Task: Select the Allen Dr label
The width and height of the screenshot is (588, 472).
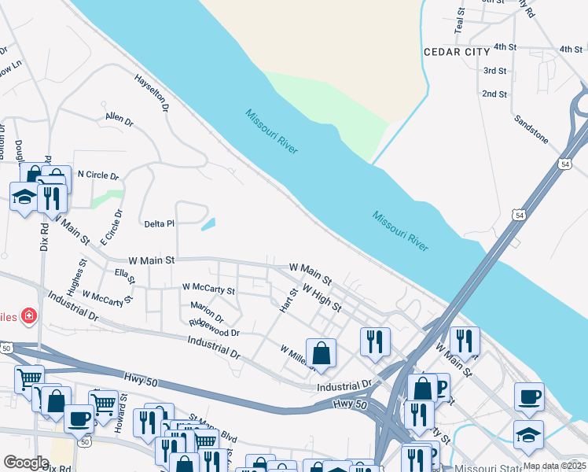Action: click(x=119, y=120)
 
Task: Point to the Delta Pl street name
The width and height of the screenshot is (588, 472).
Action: click(x=159, y=224)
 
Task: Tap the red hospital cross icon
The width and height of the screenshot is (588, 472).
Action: click(x=29, y=316)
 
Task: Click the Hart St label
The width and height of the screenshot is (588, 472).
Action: click(x=288, y=300)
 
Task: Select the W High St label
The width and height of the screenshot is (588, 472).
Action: click(x=321, y=298)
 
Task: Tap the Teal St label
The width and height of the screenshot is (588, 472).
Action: click(x=460, y=21)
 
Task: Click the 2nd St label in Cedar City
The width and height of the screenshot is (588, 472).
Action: click(x=494, y=94)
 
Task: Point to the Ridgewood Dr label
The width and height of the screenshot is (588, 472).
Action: click(x=214, y=328)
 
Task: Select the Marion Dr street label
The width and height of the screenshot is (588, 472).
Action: click(x=207, y=312)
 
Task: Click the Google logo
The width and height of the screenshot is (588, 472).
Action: click(x=26, y=463)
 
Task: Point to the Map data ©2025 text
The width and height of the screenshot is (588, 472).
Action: click(x=553, y=466)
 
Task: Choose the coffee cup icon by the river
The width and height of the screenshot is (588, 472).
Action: click(x=529, y=396)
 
